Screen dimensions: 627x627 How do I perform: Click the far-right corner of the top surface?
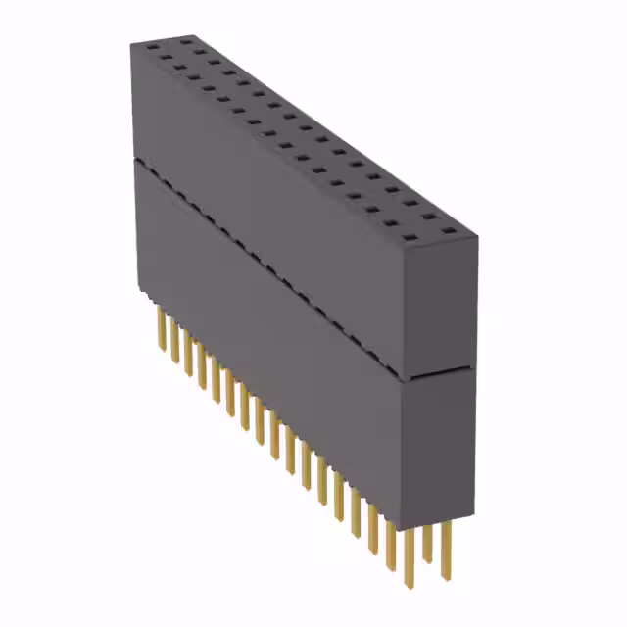[x=477, y=236]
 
